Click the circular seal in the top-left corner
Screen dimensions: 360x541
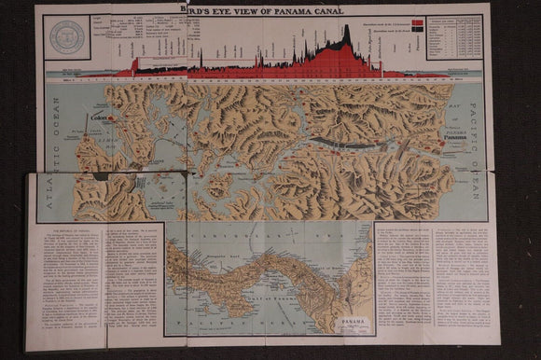coord(68,36)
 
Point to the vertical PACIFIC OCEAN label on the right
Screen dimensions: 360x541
coord(475,159)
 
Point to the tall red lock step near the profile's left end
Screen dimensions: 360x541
coord(134,65)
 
